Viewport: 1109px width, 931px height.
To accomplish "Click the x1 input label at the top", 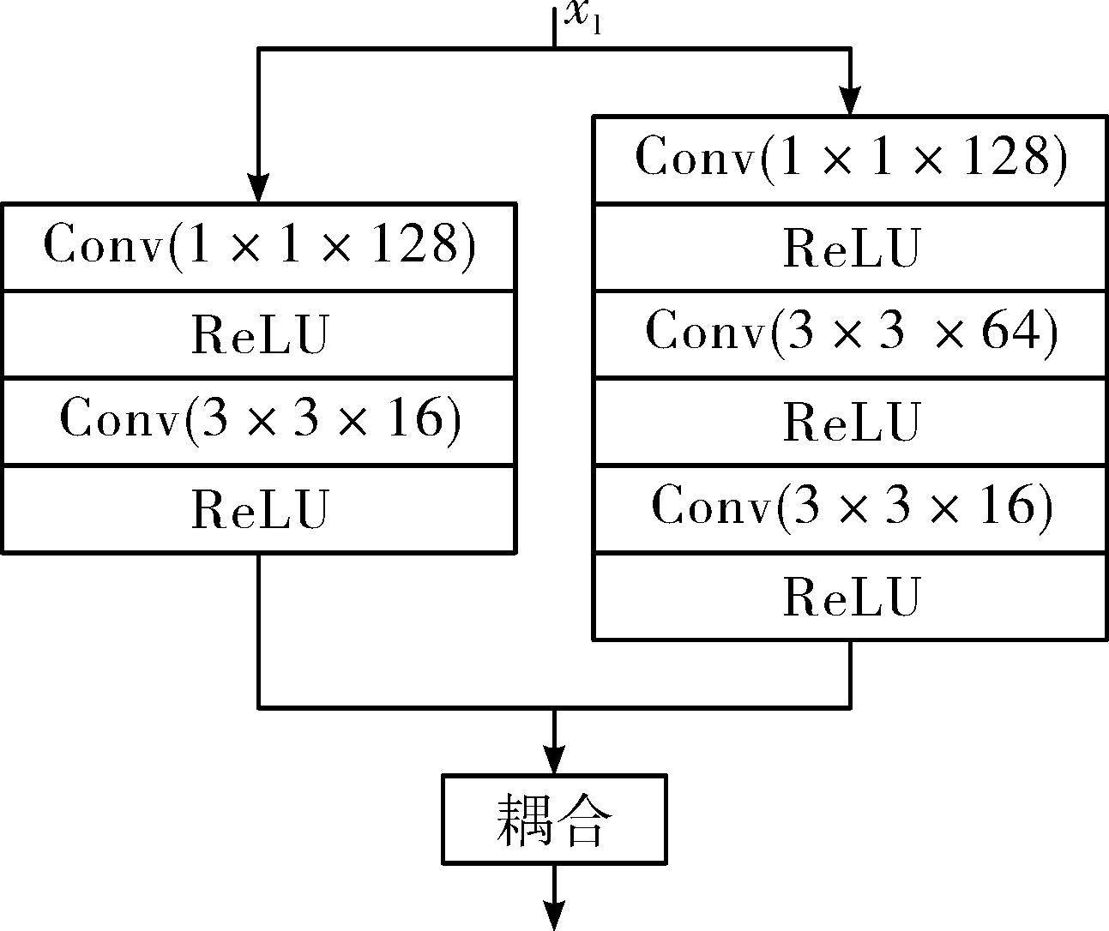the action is point(582,16).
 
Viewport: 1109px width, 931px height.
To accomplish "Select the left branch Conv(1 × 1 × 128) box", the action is point(259,247).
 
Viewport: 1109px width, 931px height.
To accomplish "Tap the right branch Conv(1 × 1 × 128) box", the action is point(851,159).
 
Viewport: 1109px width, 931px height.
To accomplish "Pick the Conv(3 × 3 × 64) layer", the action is point(851,334).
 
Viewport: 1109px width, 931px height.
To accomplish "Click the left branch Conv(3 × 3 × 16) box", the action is point(259,422).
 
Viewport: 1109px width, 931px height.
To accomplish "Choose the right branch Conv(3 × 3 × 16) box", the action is point(851,509).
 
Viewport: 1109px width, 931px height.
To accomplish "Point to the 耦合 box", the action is point(554,820).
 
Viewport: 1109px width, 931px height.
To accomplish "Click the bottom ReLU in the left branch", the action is point(260,509).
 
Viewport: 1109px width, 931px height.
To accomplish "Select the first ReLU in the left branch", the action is point(260,334).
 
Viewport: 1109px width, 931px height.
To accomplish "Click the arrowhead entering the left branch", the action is point(259,188).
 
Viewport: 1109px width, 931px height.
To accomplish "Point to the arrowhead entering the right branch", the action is point(850,100).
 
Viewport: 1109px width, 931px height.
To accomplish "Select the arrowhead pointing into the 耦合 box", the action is point(554,760).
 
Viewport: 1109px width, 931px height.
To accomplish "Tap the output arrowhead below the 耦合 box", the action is point(554,915).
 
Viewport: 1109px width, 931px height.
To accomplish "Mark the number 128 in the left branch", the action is point(415,243).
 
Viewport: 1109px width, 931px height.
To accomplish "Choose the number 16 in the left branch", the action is point(415,419).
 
